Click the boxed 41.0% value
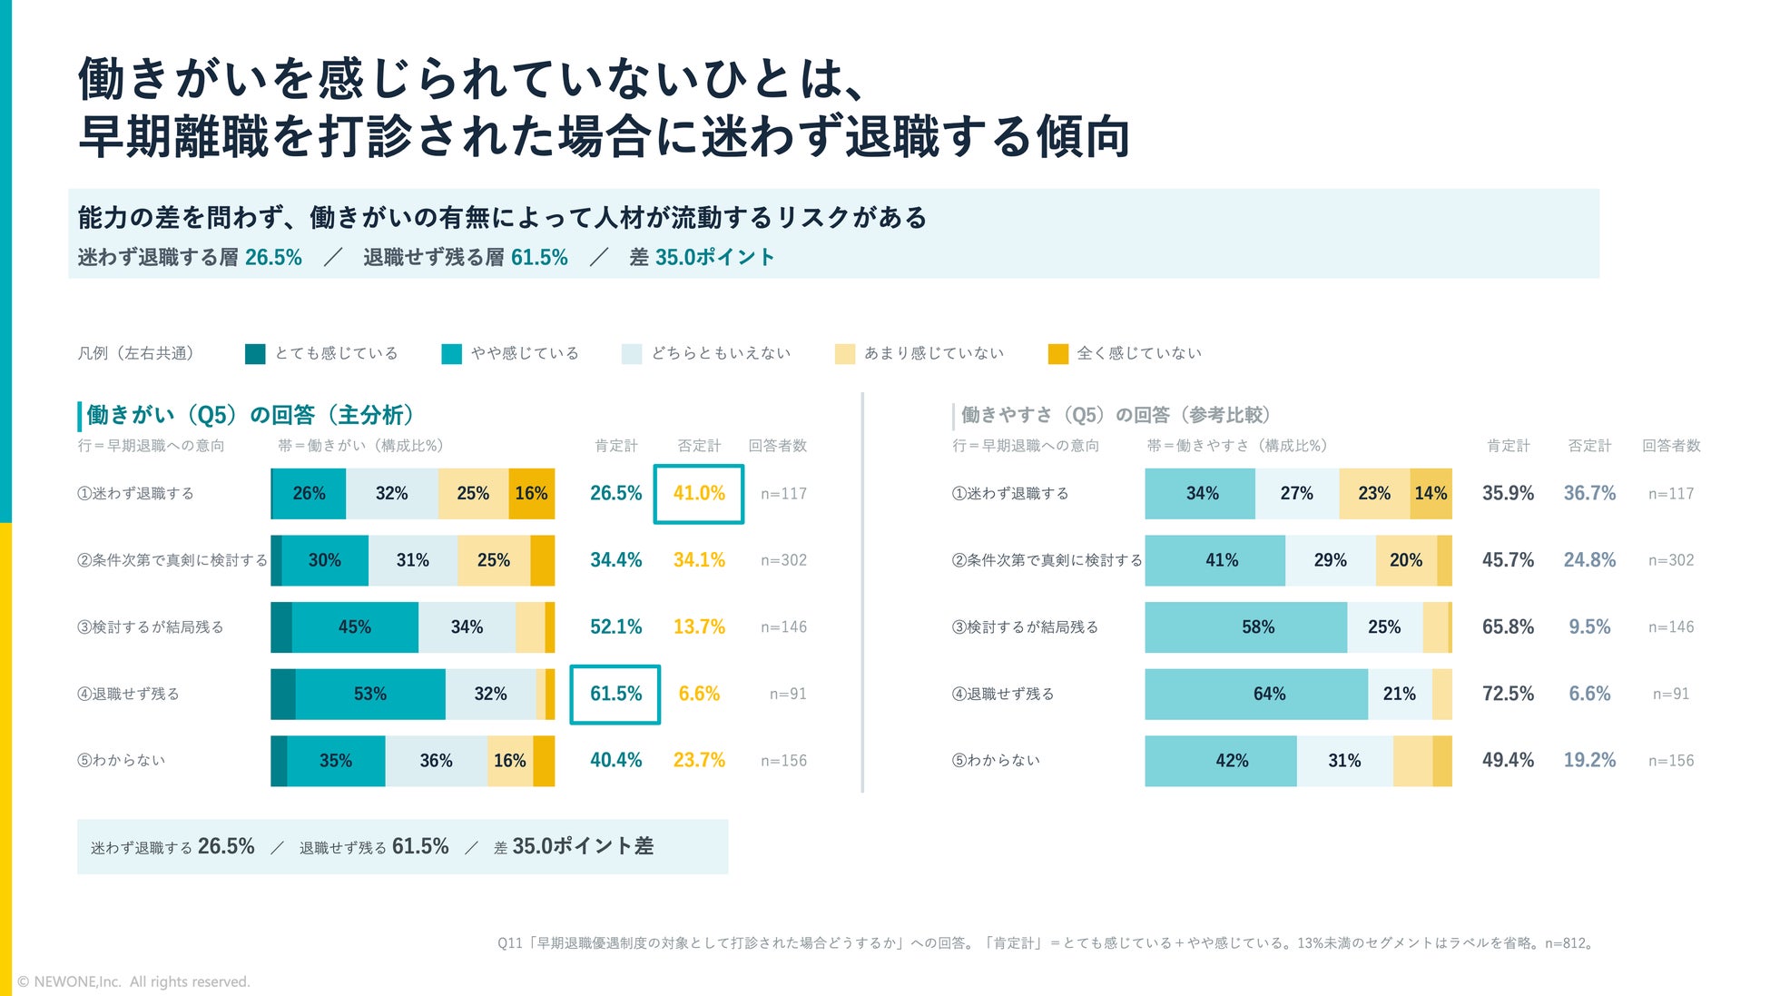[699, 493]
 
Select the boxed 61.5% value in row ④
[615, 694]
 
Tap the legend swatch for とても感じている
[255, 353]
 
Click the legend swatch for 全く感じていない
[1057, 353]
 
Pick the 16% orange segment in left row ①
[532, 493]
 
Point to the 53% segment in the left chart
[370, 694]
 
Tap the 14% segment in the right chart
[1431, 493]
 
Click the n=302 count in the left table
[783, 560]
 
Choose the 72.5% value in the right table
[1508, 694]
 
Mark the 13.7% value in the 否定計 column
[699, 626]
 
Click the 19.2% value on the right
[1589, 760]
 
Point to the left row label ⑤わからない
[121, 760]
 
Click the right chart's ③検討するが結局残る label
[1025, 626]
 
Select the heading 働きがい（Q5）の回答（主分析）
[251, 415]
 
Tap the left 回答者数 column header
[777, 446]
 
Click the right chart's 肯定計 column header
[1508, 446]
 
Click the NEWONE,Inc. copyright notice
[133, 981]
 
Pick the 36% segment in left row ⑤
[437, 761]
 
